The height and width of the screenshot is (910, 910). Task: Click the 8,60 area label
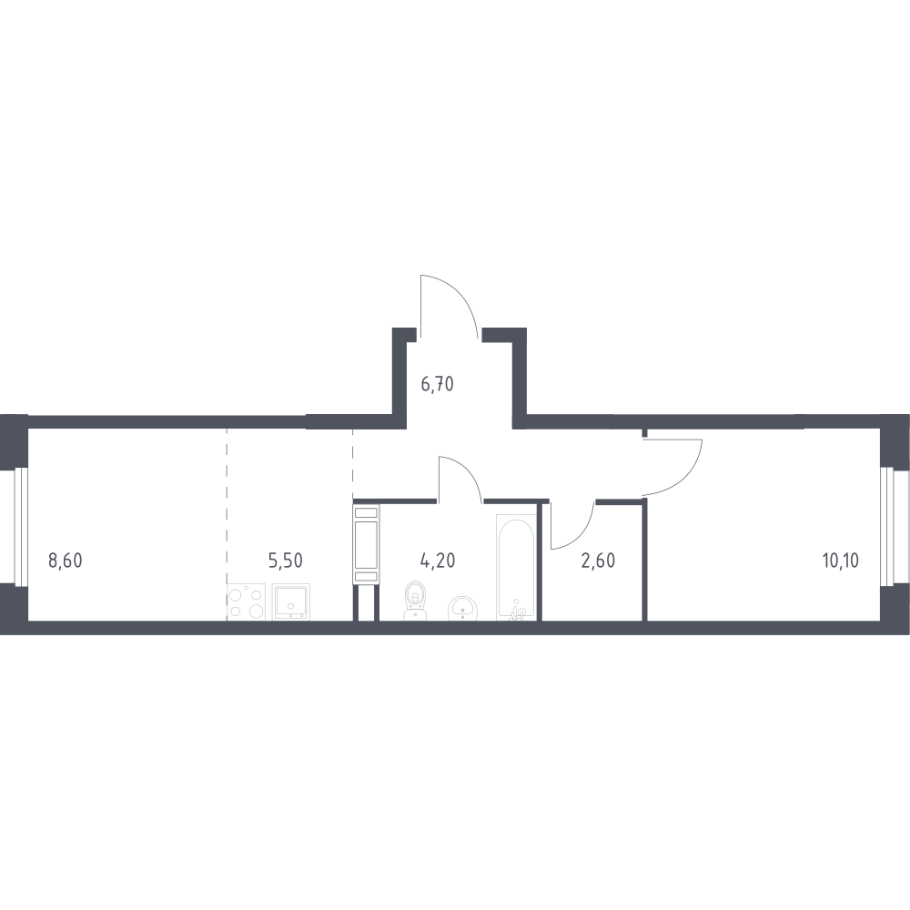66,561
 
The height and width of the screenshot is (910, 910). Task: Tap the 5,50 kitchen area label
286,561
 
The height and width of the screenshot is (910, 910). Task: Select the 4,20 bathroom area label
438,561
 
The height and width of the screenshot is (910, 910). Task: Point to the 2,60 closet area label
598,561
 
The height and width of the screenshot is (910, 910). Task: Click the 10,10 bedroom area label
840,561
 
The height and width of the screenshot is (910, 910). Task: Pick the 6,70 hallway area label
437,384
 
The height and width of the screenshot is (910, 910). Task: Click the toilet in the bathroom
415,600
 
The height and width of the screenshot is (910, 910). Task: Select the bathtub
515,566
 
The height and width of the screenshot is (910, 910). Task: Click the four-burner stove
246,602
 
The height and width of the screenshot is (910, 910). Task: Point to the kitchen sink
291,602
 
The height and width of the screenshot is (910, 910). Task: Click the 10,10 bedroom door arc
686,477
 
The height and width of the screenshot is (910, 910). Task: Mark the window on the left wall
21,526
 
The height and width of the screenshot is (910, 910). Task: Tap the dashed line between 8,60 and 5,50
227,505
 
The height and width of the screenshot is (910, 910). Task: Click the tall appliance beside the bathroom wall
366,544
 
